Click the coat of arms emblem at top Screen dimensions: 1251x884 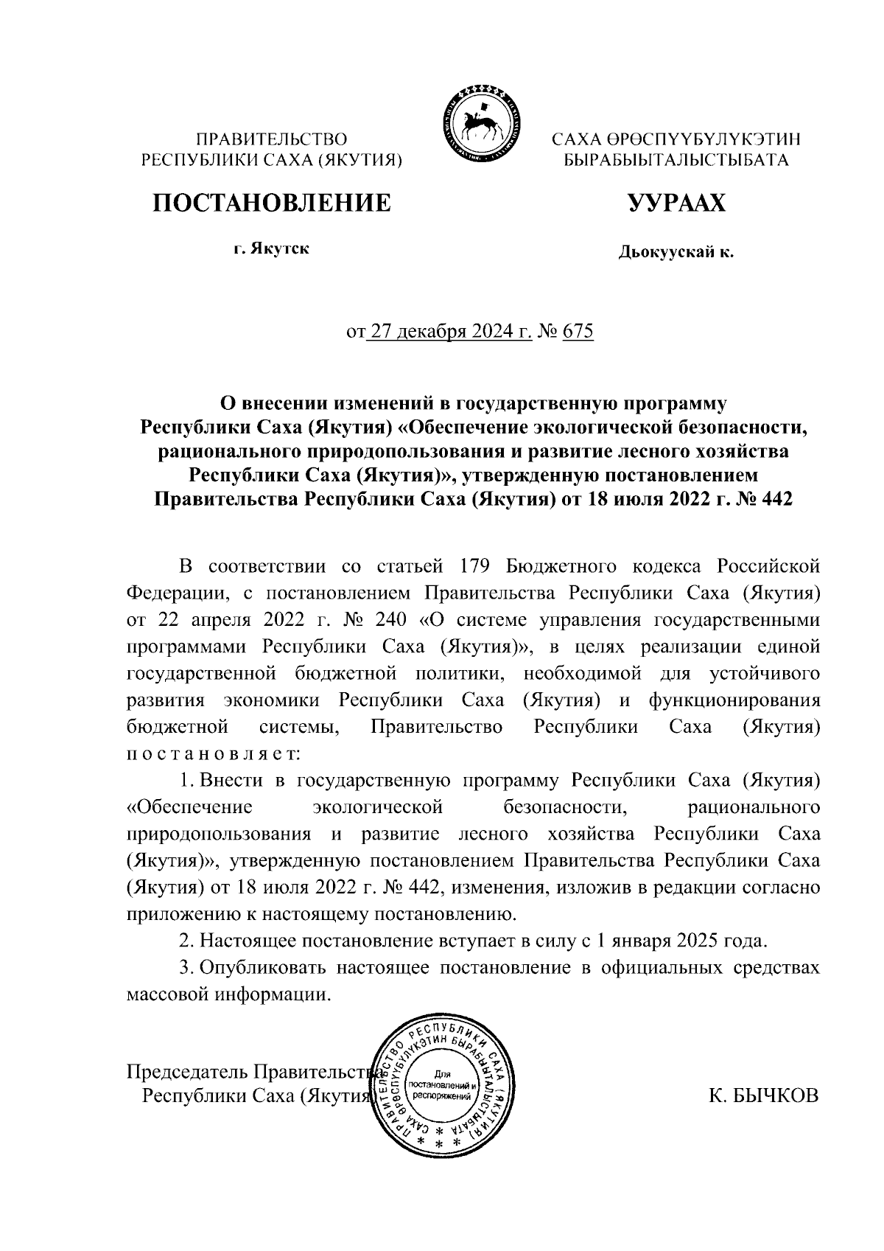480,123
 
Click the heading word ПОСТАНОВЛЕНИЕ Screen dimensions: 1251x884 271,203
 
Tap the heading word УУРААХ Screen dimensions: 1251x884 676,203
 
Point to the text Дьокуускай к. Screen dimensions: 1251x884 676,254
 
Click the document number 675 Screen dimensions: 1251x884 577,332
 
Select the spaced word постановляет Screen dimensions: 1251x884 212,754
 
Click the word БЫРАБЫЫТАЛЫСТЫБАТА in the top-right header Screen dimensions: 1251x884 676,160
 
